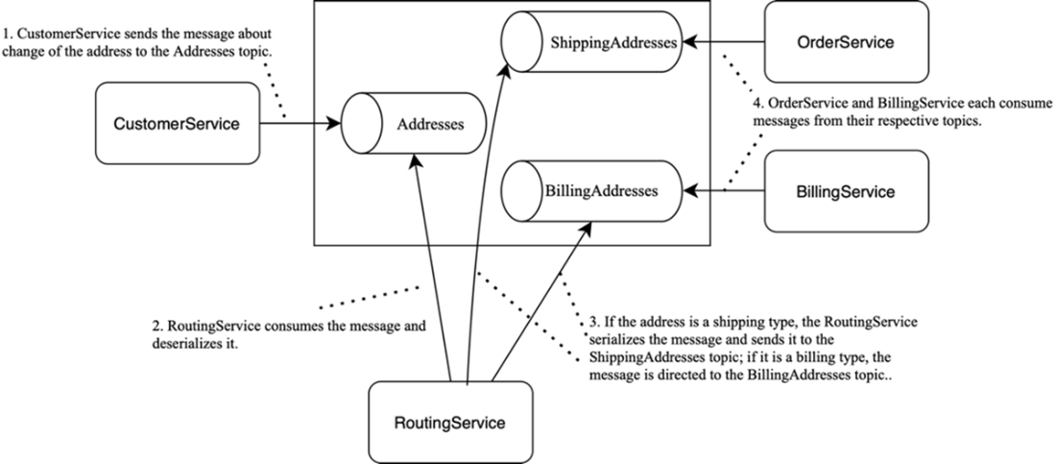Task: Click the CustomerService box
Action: pos(178,123)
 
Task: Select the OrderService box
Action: pos(846,42)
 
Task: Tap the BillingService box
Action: pos(846,191)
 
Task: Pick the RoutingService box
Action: pos(450,423)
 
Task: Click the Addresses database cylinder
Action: pos(414,123)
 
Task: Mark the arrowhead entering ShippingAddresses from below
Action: pos(506,71)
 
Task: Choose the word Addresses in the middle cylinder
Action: pos(430,124)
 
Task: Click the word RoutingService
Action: pos(450,423)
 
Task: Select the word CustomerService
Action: pos(178,123)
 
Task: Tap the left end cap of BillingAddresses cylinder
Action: pos(516,190)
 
